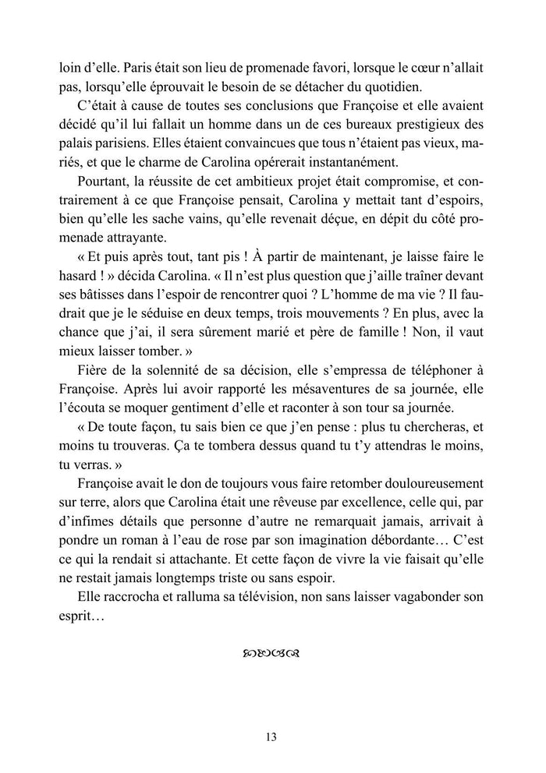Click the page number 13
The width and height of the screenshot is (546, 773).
tap(271, 736)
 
